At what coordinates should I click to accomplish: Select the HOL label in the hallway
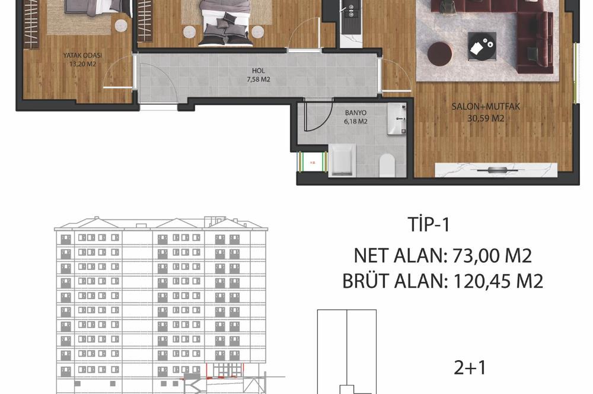tap(257, 71)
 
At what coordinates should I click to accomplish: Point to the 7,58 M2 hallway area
tap(257, 79)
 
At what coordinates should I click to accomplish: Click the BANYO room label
tap(356, 112)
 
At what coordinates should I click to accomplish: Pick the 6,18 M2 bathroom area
tap(356, 121)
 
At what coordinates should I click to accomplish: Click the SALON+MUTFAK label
tap(477, 107)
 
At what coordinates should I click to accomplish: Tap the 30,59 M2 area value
tap(477, 117)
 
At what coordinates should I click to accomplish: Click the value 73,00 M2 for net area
tap(492, 256)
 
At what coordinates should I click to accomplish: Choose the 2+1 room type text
tap(470, 368)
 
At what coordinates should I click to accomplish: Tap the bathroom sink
tap(396, 119)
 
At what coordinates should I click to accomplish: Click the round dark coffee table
tap(439, 54)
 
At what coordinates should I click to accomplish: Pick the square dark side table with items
tap(482, 46)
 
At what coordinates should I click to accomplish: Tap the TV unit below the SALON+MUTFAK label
tap(496, 170)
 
